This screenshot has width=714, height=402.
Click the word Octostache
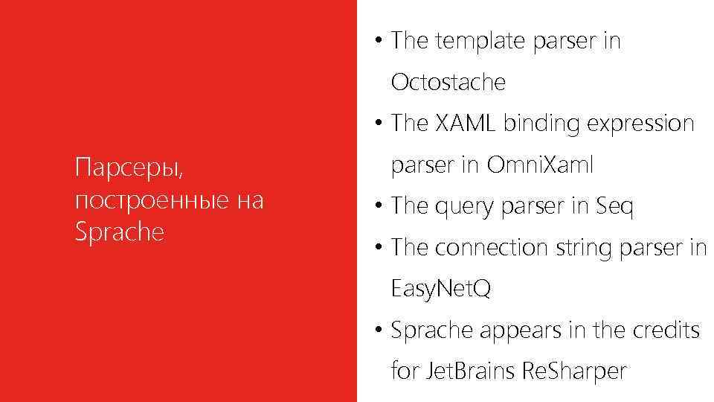tap(448, 83)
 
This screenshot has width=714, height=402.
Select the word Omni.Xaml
tap(540, 165)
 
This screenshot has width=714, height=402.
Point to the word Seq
tap(615, 206)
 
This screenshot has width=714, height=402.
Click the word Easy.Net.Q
tap(441, 288)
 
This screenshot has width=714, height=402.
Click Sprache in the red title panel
tap(119, 232)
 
